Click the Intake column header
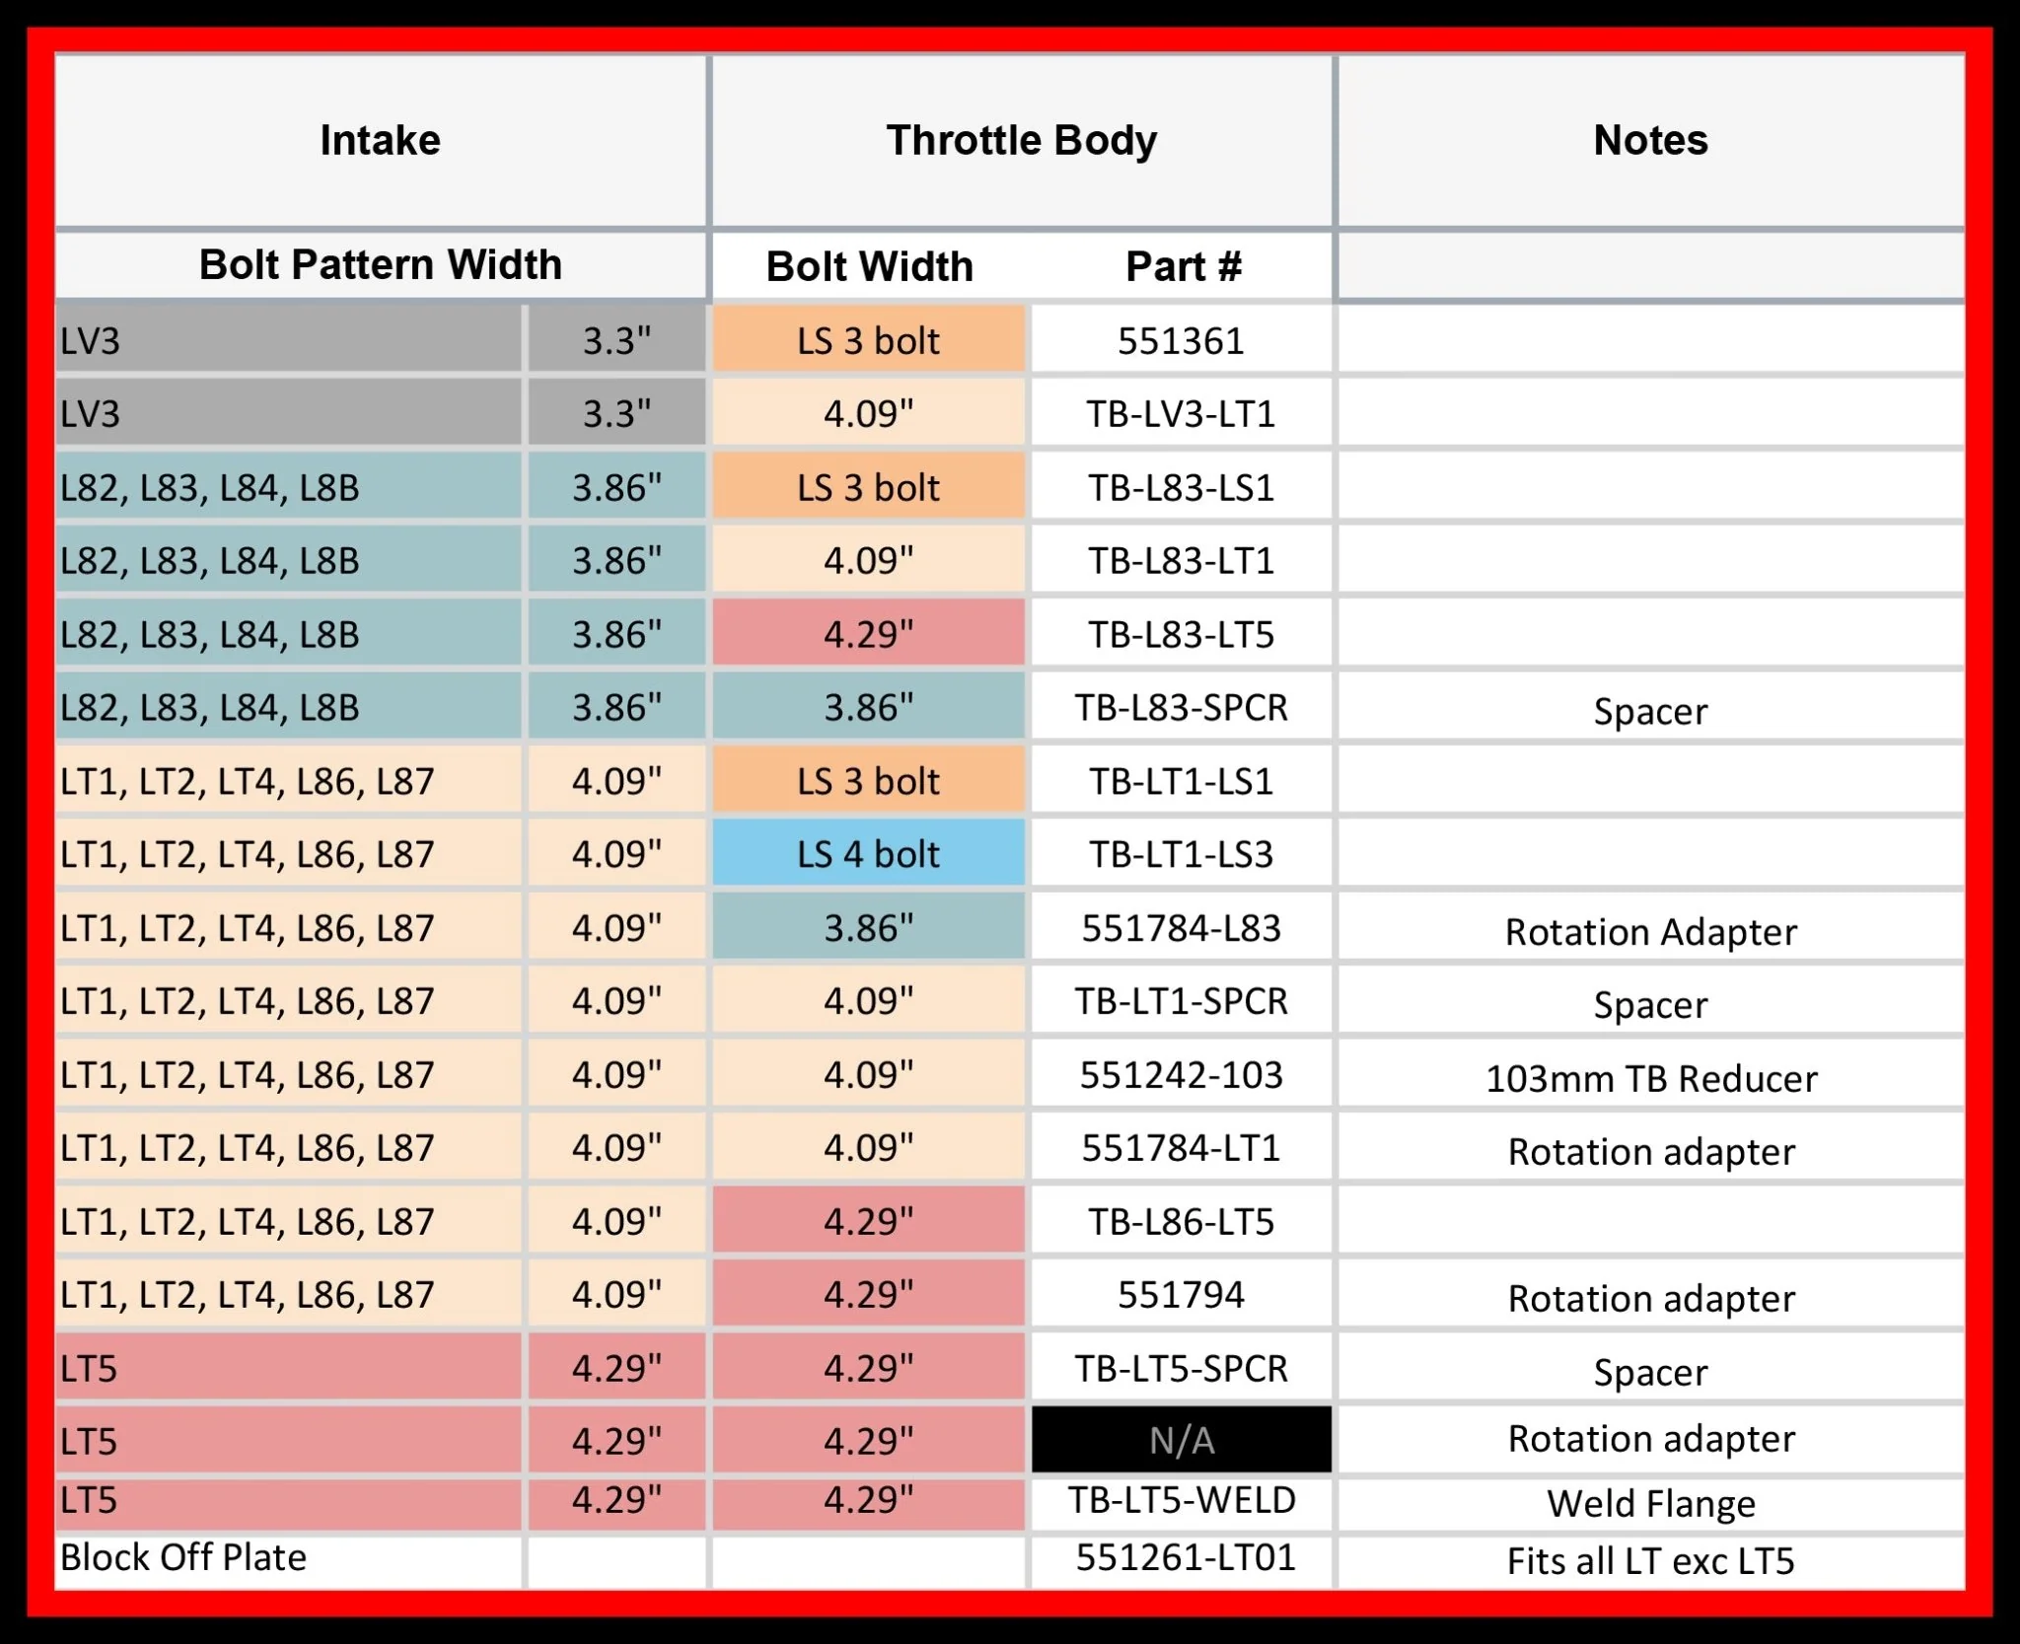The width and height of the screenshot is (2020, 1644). point(380,140)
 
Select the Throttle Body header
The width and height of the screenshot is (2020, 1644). point(1021,140)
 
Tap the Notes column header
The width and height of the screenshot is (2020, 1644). point(1650,140)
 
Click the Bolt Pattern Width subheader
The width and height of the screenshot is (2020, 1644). point(380,264)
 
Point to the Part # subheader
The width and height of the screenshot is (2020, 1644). point(1183,266)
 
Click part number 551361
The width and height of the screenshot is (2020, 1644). point(1181,341)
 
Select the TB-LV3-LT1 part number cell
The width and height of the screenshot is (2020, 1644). point(1181,414)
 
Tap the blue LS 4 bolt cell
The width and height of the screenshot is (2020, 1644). point(868,854)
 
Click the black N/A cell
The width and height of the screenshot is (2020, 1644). point(1181,1441)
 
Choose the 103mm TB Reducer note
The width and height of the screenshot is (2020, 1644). point(1650,1078)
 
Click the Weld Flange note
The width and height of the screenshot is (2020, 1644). point(1650,1503)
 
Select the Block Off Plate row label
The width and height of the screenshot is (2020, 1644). point(183,1557)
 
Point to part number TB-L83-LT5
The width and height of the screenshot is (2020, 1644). point(1181,634)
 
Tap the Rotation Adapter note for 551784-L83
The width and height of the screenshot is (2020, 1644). point(1650,932)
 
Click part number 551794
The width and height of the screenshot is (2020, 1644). point(1181,1294)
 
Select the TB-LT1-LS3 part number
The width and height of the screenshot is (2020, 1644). point(1181,854)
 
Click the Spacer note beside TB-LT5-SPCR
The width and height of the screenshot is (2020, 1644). point(1650,1372)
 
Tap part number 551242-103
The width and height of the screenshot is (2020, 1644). point(1181,1074)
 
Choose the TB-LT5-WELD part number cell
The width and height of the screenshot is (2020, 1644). point(1181,1500)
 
